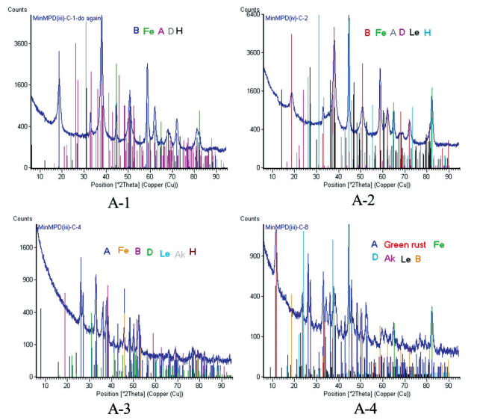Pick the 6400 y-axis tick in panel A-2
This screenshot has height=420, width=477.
[x=251, y=14]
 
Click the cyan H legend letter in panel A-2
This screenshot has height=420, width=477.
[x=428, y=33]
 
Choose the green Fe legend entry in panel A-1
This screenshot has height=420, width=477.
[x=149, y=31]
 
